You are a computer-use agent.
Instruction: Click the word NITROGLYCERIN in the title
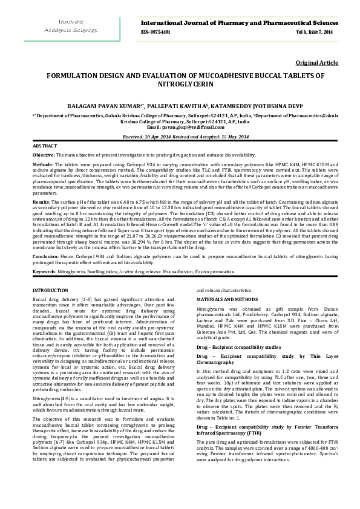pos(179,85)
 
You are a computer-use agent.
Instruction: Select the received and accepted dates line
pos(179,137)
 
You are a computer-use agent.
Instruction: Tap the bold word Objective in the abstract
pos(44,155)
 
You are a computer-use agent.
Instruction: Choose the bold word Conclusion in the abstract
pos(45,256)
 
